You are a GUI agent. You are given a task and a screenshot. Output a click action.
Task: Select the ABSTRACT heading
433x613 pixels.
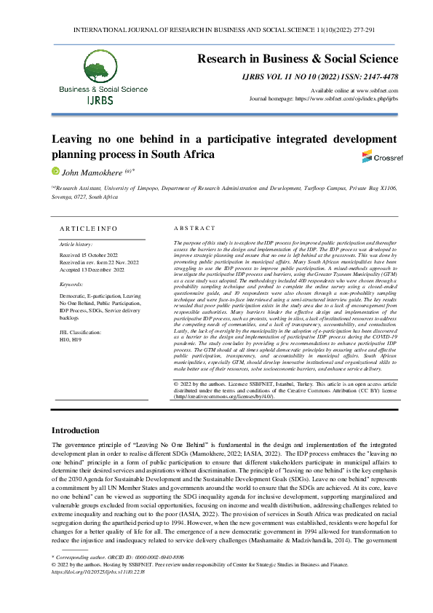point(195,228)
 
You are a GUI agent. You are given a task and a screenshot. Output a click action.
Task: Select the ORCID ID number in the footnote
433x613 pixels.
point(157,577)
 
